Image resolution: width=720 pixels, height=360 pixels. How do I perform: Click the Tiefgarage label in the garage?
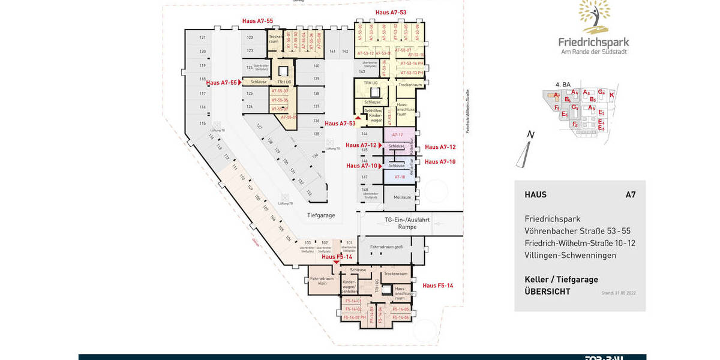coord(321,215)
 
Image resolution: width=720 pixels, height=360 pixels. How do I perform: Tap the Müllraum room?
coord(402,197)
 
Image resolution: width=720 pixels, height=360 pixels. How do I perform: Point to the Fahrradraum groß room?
coord(386,247)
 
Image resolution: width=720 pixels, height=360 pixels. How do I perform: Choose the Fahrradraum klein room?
coord(322,281)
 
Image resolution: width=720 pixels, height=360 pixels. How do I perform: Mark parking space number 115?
coord(203,123)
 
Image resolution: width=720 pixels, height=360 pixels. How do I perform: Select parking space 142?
coord(345,52)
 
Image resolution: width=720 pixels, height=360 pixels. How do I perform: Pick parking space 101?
coord(349,243)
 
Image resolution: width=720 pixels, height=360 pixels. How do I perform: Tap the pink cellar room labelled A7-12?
coord(397,134)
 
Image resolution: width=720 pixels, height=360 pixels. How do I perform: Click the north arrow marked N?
coord(526,150)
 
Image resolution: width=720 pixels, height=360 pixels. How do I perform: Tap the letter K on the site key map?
coord(611,95)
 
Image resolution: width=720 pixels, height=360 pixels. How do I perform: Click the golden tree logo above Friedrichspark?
coord(594,16)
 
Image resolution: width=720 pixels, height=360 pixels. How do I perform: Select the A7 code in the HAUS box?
coord(630,194)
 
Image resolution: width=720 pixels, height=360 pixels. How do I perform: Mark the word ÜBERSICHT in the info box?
coord(547,292)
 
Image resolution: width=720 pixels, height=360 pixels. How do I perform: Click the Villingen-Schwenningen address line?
coord(570,255)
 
